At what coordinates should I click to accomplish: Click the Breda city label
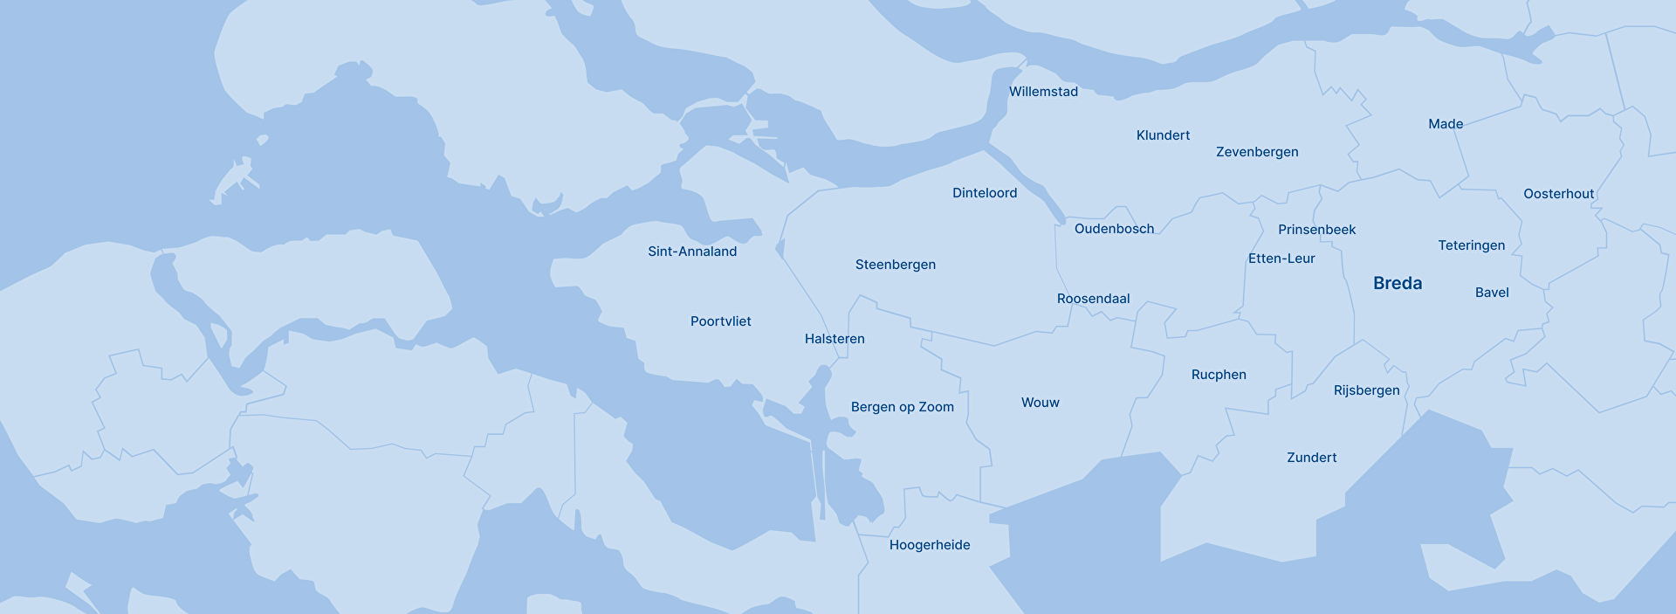pyautogui.click(x=1398, y=283)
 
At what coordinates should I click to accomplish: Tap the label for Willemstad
pyautogui.click(x=1043, y=92)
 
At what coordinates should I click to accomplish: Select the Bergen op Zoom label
pyautogui.click(x=902, y=407)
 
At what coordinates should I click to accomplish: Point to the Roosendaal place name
pyautogui.click(x=1093, y=299)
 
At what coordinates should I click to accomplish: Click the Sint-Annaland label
pyautogui.click(x=692, y=252)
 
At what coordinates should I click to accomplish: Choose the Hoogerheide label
pyautogui.click(x=930, y=545)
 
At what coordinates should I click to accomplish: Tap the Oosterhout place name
pyautogui.click(x=1558, y=194)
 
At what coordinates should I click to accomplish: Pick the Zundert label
pyautogui.click(x=1311, y=458)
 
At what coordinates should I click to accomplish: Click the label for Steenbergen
pyautogui.click(x=895, y=265)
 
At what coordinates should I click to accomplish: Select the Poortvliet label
pyautogui.click(x=720, y=321)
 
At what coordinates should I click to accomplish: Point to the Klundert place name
pyautogui.click(x=1163, y=135)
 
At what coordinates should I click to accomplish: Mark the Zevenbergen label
pyautogui.click(x=1257, y=152)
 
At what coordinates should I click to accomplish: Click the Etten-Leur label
pyautogui.click(x=1281, y=259)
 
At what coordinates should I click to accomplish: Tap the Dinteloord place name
pyautogui.click(x=985, y=193)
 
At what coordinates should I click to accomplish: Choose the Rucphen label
pyautogui.click(x=1219, y=375)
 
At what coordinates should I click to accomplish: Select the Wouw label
pyautogui.click(x=1040, y=403)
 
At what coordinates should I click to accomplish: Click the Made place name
pyautogui.click(x=1446, y=124)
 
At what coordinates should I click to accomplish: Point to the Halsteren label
pyautogui.click(x=835, y=339)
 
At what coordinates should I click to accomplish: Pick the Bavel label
pyautogui.click(x=1492, y=293)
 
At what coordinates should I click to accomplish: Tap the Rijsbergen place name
pyautogui.click(x=1366, y=390)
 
